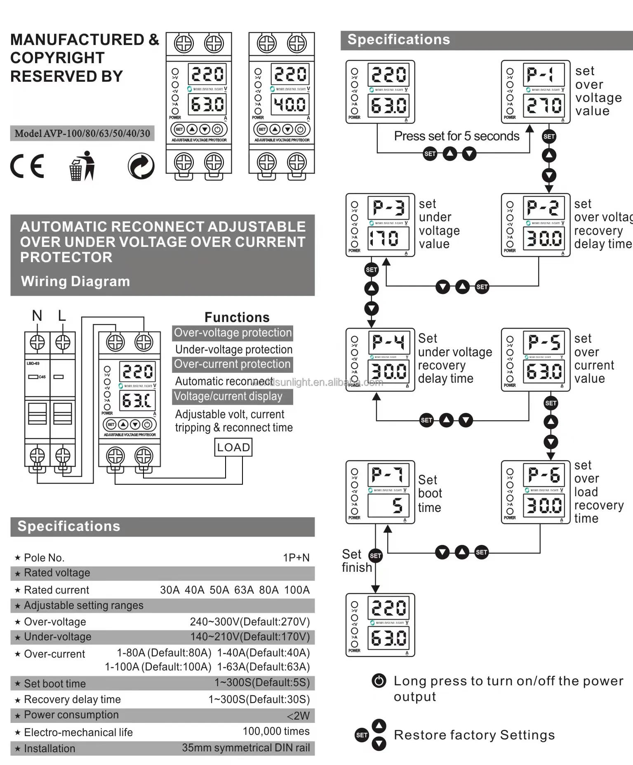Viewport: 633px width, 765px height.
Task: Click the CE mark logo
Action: point(27,166)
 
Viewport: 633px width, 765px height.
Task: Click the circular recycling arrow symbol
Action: point(141,166)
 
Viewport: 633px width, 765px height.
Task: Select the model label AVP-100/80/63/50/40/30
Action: point(82,133)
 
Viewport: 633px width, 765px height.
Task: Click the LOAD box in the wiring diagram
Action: point(233,447)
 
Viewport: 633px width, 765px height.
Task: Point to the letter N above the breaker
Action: point(37,316)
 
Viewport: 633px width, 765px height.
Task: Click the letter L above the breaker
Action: point(62,316)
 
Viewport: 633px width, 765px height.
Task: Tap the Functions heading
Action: point(237,317)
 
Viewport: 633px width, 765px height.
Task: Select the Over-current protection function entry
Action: point(232,364)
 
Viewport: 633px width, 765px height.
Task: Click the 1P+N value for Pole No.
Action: point(296,558)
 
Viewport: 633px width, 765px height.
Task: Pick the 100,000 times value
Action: point(276,731)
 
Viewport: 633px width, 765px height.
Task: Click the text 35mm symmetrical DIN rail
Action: point(246,748)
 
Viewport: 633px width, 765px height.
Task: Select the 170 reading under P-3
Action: point(384,239)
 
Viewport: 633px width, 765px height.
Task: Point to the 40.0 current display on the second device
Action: point(290,104)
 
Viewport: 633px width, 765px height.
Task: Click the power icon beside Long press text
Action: point(379,680)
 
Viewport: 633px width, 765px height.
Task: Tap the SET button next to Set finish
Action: point(375,556)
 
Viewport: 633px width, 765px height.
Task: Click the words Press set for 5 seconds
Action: point(457,136)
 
